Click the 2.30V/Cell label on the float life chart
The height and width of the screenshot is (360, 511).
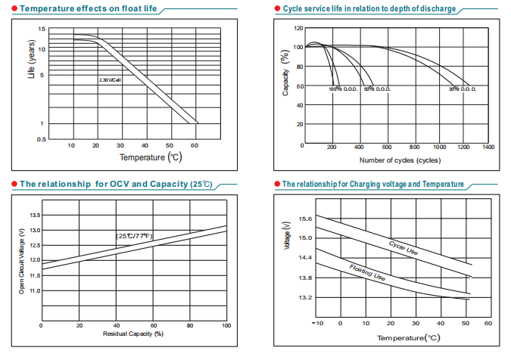(x=110, y=79)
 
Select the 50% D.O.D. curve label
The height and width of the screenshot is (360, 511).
(x=377, y=90)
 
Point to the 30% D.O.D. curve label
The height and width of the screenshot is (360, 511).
(x=462, y=90)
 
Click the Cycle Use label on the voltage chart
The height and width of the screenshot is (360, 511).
(x=404, y=247)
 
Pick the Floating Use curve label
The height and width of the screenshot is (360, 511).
(x=368, y=273)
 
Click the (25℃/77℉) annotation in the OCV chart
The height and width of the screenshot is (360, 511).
(x=135, y=236)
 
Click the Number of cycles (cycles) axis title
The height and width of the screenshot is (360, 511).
(x=399, y=160)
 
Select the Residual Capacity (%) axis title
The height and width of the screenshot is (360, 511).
(x=133, y=334)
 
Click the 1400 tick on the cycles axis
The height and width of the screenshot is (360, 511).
(x=488, y=147)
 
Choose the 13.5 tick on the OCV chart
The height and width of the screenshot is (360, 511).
(x=35, y=216)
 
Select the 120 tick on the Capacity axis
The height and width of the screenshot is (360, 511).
(x=298, y=28)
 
